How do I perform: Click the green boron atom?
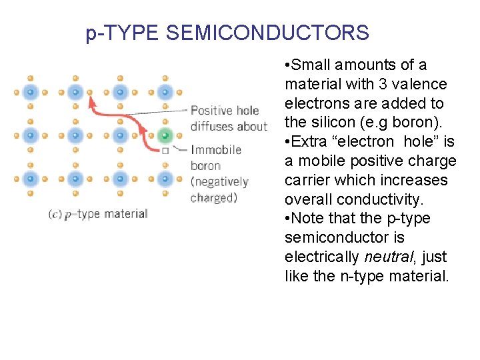click(165, 136)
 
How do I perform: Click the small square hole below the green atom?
click(165, 151)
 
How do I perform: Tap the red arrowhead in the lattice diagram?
click(92, 102)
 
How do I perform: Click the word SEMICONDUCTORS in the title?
click(267, 33)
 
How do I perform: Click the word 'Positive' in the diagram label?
click(211, 111)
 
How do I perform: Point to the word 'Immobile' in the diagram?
click(216, 150)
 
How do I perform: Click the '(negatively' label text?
click(219, 181)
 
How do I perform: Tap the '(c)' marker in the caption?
click(55, 214)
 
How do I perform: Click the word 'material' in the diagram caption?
click(125, 214)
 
